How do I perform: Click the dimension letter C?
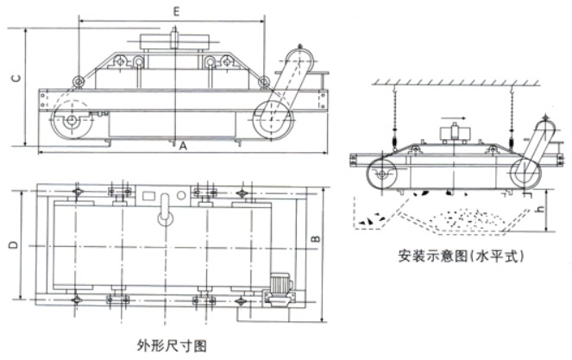[x=16, y=78]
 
